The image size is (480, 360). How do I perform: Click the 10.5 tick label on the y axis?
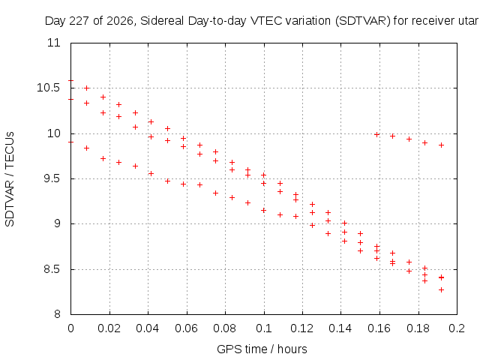48,88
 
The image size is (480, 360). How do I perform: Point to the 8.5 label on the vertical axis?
52,269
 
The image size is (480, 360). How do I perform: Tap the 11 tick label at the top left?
53,43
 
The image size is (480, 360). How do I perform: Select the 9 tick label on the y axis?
57,223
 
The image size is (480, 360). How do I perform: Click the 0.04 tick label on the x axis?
148,328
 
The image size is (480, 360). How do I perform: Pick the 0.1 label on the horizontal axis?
264,328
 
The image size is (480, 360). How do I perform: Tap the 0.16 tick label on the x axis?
379,328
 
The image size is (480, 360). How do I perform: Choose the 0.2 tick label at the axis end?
457,328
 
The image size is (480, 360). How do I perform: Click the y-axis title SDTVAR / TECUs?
10,179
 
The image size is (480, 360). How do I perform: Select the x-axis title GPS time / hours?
262,349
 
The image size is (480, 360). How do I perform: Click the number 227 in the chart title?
79,21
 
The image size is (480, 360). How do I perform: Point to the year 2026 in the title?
120,21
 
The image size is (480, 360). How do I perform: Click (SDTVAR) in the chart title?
363,21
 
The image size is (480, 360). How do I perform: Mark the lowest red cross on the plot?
441,290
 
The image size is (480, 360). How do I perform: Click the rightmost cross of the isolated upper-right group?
441,145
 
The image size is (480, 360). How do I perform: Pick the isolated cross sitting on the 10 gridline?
376,134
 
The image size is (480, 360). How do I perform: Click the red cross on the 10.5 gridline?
87,88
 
